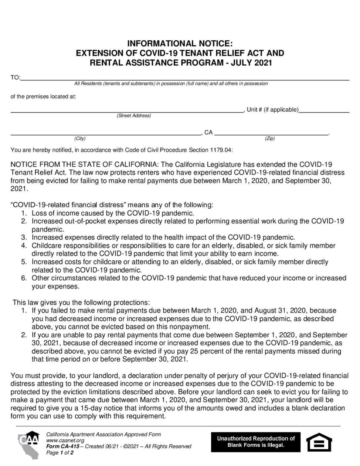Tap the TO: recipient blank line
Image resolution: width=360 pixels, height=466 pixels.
[x=185, y=79]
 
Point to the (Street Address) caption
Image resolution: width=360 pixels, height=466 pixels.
[x=134, y=116]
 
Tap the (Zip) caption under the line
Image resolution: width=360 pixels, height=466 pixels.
[x=269, y=139]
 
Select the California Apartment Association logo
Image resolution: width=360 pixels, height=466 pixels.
[x=30, y=445]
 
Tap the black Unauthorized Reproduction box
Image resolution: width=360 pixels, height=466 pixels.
[x=256, y=442]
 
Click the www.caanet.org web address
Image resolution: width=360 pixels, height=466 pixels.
[x=65, y=440]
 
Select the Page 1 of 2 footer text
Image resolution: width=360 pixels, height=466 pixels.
[x=60, y=452]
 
